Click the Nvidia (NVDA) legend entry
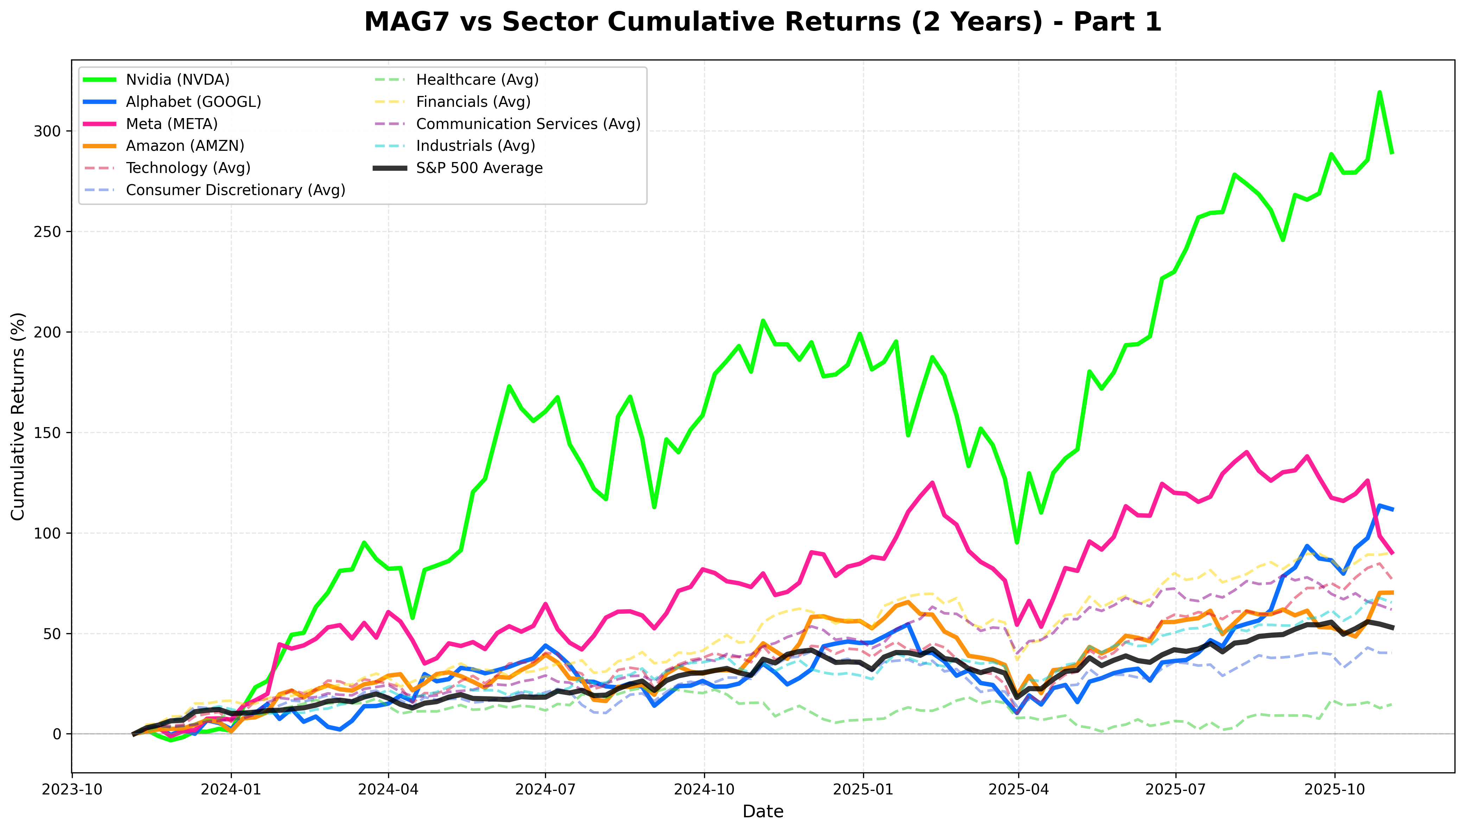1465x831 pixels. click(x=177, y=80)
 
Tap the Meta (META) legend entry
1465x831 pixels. click(x=171, y=124)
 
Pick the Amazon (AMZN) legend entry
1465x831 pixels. click(x=184, y=146)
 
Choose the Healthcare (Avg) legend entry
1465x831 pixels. click(x=477, y=80)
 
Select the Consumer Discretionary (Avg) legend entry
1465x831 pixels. click(x=235, y=190)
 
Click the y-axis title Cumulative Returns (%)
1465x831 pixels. click(x=18, y=416)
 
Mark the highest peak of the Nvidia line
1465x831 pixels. click(x=1379, y=92)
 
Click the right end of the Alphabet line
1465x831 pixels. click(x=1393, y=509)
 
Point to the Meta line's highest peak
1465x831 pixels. click(x=1246, y=452)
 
